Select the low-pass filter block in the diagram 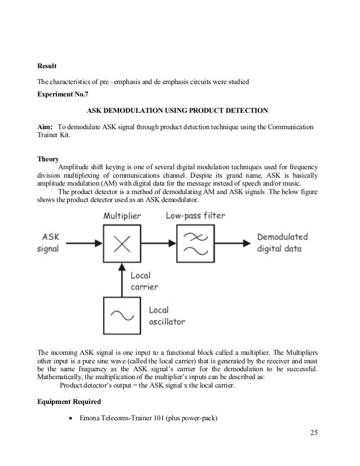(196, 242)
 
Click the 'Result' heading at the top (47, 67)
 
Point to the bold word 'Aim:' (45, 127)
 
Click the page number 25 (314, 433)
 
